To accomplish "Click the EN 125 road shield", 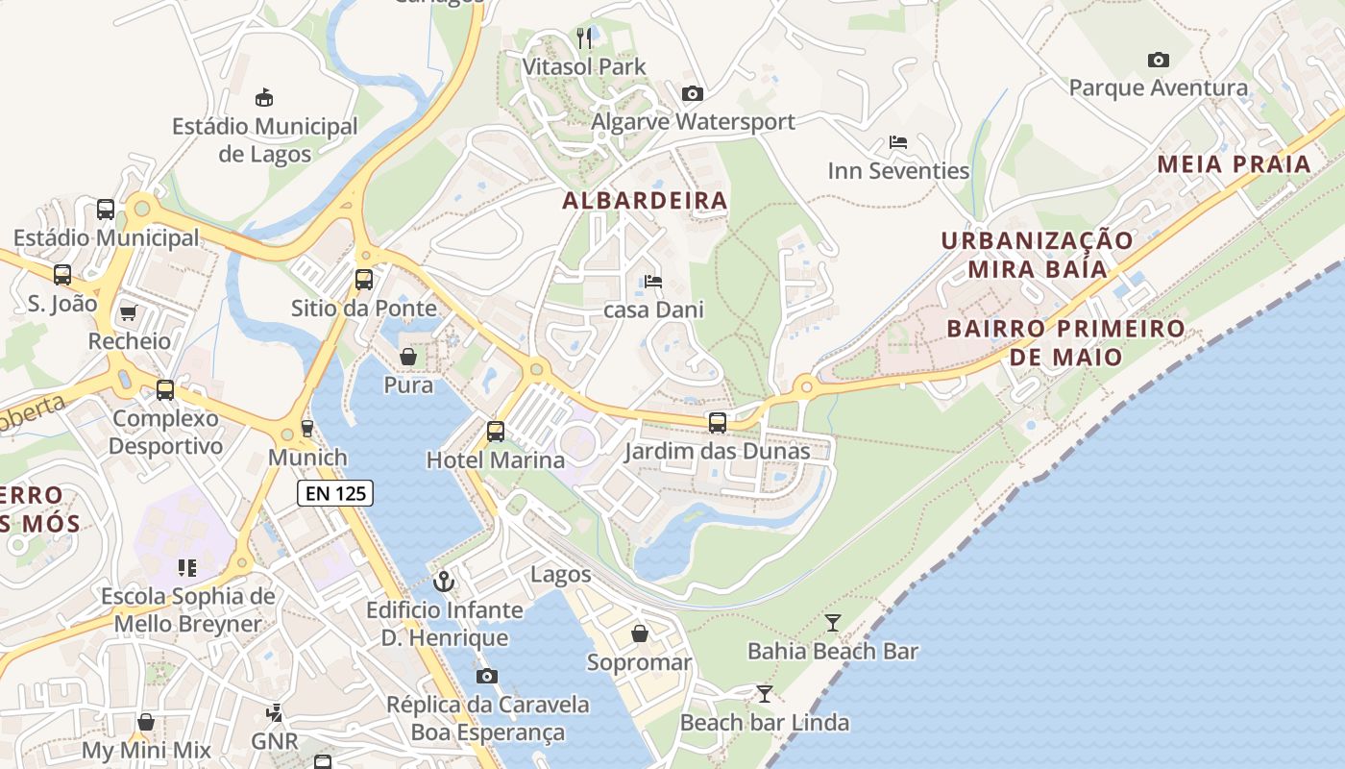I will pos(334,494).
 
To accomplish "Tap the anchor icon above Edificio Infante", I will pos(444,581).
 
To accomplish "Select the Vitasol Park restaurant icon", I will pos(584,38).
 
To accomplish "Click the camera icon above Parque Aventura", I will pos(1159,60).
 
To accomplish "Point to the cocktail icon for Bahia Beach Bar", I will pos(833,623).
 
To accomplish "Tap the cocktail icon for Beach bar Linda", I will pos(765,694).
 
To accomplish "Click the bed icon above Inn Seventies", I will pos(898,142).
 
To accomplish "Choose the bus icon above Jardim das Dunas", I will pos(717,422).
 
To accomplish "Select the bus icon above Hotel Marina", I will pos(496,432).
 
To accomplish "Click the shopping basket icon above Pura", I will pos(408,358).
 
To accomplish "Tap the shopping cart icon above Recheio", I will pos(129,312).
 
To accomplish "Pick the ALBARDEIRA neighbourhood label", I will pos(645,201).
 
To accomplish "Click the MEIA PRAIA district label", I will pos(1234,163).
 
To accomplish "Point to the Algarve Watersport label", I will pos(693,122).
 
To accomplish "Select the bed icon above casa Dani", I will pos(653,282).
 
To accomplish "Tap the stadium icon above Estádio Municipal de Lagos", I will pos(264,97).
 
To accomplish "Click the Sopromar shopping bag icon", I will pos(639,633).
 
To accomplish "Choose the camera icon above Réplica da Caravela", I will pos(487,676).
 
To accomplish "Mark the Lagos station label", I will pos(561,575).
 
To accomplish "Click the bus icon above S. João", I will pos(62,275).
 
